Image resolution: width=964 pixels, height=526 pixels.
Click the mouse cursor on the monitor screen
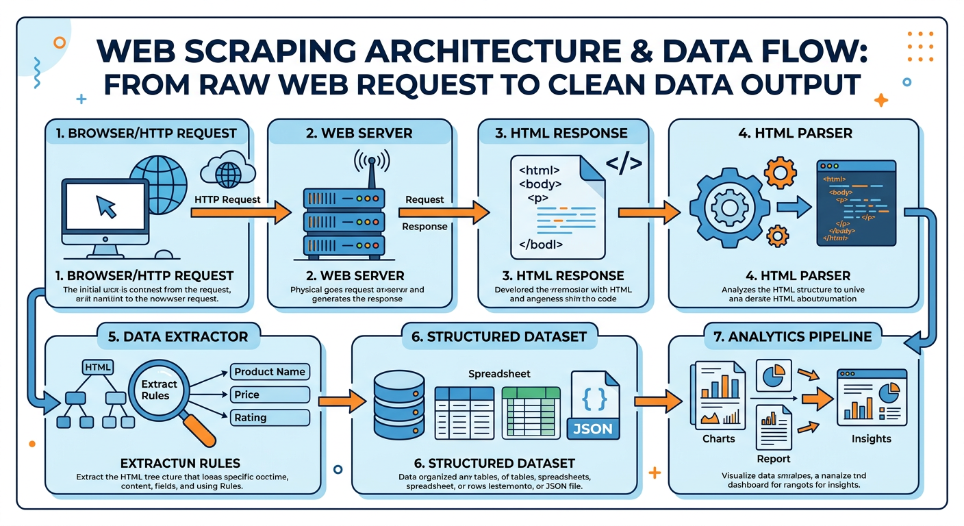pyautogui.click(x=106, y=206)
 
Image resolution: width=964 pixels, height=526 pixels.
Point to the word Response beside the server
pyautogui.click(x=424, y=227)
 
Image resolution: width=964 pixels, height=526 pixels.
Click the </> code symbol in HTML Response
pyautogui.click(x=623, y=163)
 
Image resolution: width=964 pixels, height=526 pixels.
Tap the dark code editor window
pyautogui.click(x=856, y=203)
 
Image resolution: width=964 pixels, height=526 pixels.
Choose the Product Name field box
pyautogui.click(x=270, y=372)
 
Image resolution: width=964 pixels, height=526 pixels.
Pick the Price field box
pyautogui.click(x=270, y=394)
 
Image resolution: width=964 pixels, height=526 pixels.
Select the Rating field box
pyautogui.click(x=270, y=417)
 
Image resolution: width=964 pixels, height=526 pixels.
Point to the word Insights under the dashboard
pyautogui.click(x=872, y=438)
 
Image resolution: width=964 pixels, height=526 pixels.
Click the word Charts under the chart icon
pyautogui.click(x=718, y=438)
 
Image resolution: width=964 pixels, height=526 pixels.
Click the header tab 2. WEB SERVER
pyautogui.click(x=359, y=133)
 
